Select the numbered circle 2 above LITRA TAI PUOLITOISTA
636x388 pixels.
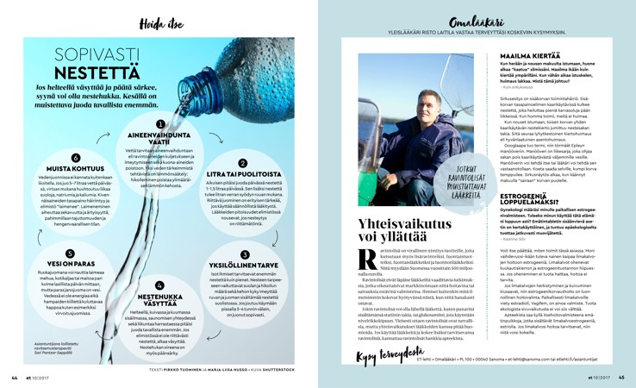[x=242, y=162]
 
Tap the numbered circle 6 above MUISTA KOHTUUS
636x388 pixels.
[x=75, y=158]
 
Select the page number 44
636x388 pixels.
[x=14, y=377]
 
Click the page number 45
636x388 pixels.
[x=621, y=377]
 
